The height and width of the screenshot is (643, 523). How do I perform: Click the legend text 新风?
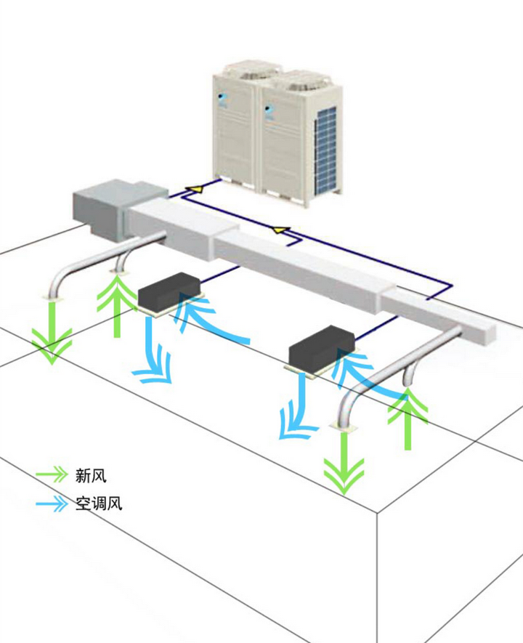[x=91, y=477]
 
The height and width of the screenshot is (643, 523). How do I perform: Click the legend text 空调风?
[x=98, y=503]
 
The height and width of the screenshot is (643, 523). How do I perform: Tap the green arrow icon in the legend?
[x=51, y=475]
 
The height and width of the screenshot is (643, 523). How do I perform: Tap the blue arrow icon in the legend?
[x=51, y=502]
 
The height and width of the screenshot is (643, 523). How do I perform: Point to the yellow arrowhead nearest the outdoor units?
[x=193, y=190]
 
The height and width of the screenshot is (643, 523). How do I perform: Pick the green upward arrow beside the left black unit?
[x=117, y=305]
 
